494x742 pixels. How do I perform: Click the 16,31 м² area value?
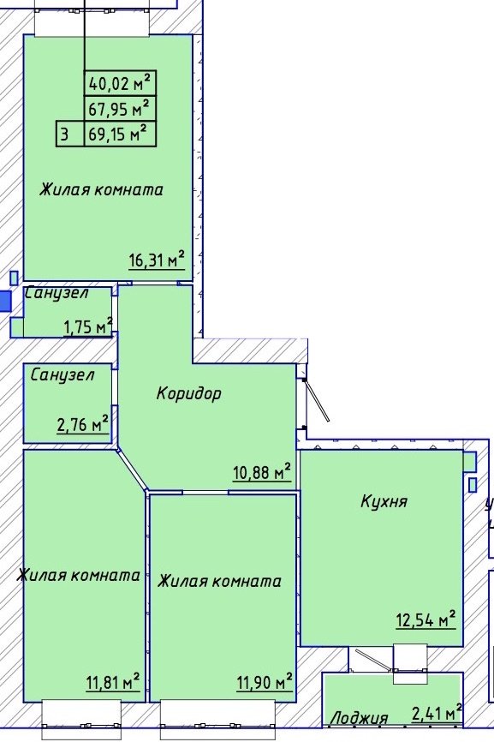[157, 260]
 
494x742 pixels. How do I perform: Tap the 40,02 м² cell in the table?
[120, 83]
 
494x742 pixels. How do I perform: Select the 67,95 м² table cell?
[120, 108]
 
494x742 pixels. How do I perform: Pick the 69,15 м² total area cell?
[120, 134]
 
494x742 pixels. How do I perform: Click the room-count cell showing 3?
[70, 134]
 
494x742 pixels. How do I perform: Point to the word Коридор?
[189, 393]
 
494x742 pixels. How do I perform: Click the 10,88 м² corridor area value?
[261, 472]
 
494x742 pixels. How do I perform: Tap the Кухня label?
[384, 500]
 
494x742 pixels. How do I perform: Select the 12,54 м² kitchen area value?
[426, 619]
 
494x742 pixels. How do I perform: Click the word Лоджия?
[360, 718]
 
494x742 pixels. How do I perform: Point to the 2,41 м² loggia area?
[437, 712]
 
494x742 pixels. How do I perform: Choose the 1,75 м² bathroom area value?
[88, 326]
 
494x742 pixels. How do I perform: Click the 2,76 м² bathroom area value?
[83, 424]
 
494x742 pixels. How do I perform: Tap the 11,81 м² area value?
[113, 682]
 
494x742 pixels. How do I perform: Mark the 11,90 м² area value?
[265, 682]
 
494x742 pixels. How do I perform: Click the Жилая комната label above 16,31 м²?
[101, 189]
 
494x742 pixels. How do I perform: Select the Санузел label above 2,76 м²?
[62, 375]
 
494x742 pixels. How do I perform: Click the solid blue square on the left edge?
[5, 301]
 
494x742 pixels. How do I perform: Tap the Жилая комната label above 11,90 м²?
[219, 581]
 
